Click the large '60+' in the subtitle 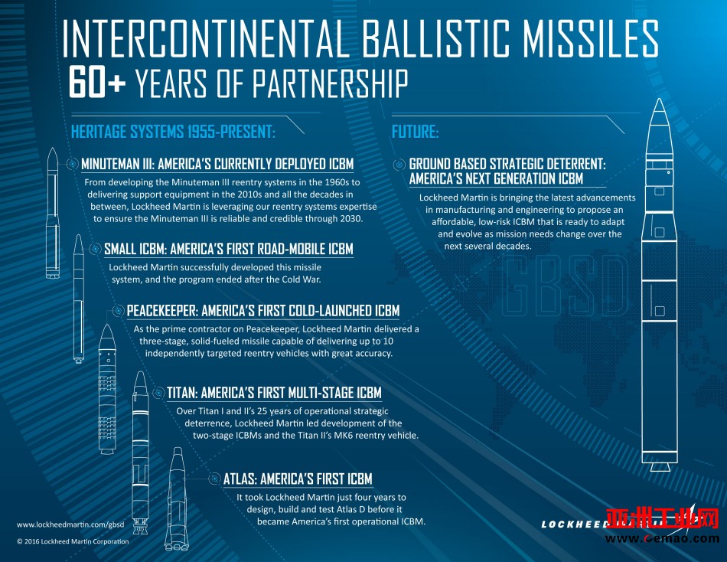97,83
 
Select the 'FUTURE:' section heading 415,132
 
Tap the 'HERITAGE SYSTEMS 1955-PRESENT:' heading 173,132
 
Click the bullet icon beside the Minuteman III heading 73,163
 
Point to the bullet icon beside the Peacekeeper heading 118,310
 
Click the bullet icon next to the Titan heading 158,393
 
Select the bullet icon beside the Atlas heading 214,479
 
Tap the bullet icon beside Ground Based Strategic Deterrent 399,165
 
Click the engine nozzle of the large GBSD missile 659,466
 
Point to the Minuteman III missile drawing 53,213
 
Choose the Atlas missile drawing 177,499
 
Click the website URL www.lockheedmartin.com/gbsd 70,525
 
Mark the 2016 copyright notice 73,541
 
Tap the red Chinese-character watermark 662,518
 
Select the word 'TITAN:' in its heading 182,393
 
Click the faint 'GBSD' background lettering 564,286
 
